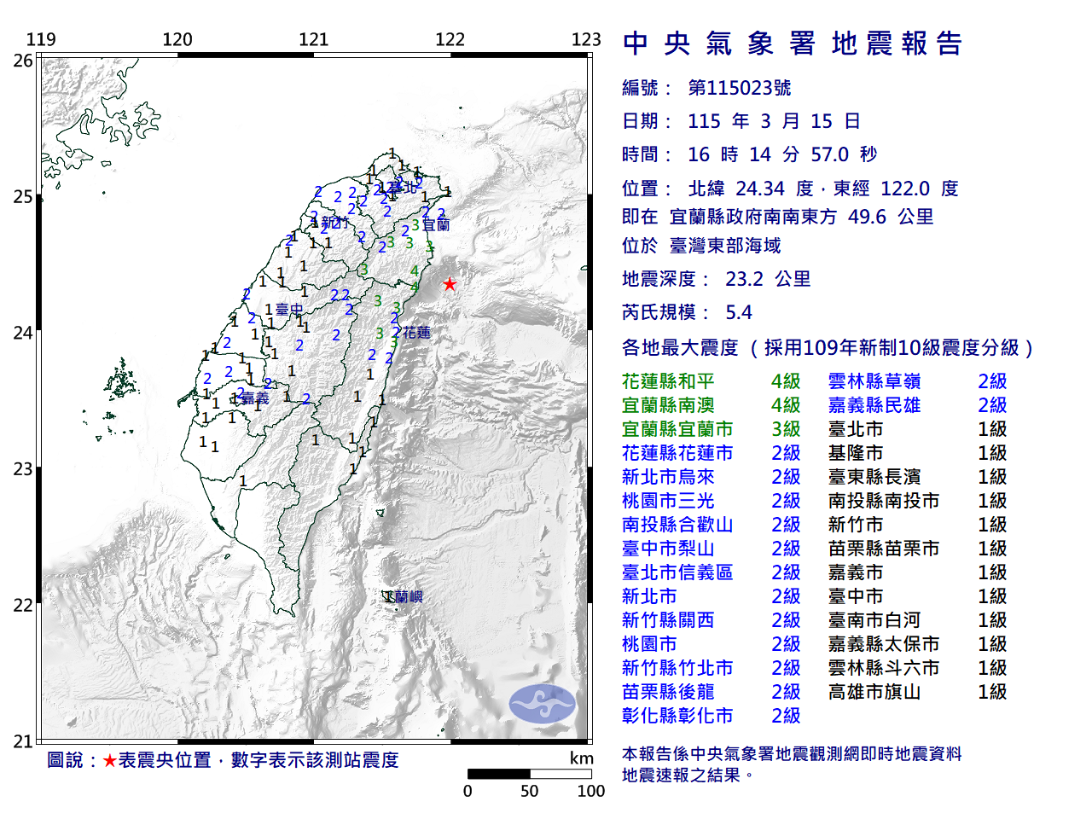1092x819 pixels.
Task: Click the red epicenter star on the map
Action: tap(449, 284)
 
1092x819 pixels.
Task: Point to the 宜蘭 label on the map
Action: tap(436, 225)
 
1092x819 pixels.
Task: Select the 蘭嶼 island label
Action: tap(405, 597)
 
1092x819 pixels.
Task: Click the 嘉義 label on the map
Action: tap(254, 398)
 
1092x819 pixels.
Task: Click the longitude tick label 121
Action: tap(313, 39)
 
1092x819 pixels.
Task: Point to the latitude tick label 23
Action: tap(23, 469)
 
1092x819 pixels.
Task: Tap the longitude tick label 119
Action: tap(41, 39)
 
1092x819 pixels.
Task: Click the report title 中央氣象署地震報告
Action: tap(793, 44)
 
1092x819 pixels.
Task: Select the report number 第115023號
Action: tap(739, 88)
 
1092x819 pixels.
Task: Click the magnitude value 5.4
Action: tap(739, 312)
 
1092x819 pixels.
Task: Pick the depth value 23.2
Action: tap(744, 279)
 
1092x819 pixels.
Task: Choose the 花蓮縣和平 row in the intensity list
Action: tap(668, 381)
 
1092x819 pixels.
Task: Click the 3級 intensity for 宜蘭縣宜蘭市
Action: tap(786, 429)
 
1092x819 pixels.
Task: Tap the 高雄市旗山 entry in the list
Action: tap(874, 692)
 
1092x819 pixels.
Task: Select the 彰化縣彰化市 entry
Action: tap(677, 716)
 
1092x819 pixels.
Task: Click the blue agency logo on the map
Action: tap(543, 704)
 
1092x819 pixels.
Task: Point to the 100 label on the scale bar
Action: tap(590, 791)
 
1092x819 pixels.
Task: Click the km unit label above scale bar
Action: tap(581, 758)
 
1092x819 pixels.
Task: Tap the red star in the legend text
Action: tap(109, 760)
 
